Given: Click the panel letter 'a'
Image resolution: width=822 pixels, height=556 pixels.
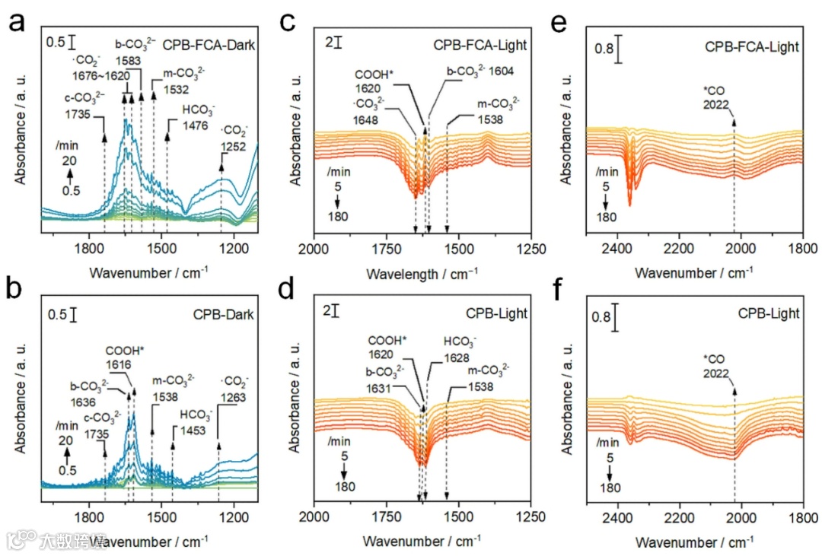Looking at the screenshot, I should click(x=16, y=24).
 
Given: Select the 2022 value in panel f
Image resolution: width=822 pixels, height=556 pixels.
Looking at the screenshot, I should click(x=717, y=373).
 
